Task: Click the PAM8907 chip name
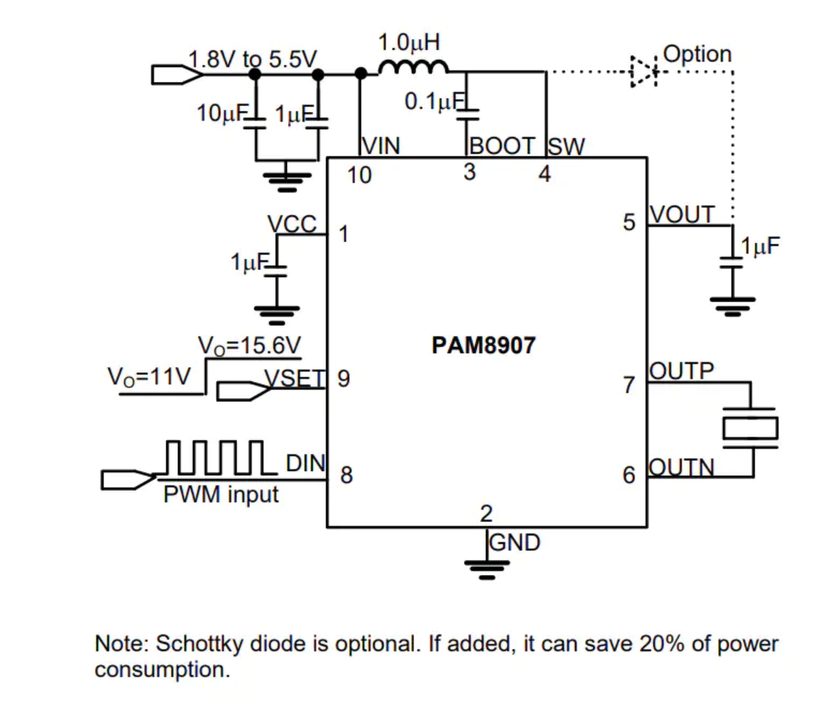click(x=484, y=345)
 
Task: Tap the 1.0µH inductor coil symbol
click(x=413, y=67)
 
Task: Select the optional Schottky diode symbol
click(x=643, y=71)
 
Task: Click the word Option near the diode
click(x=697, y=54)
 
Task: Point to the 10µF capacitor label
click(x=222, y=113)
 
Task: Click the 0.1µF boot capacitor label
click(x=434, y=101)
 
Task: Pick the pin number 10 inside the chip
click(x=360, y=175)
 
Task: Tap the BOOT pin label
click(x=502, y=146)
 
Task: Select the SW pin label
click(x=566, y=146)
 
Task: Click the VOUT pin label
click(x=682, y=214)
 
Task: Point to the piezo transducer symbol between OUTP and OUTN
click(x=750, y=428)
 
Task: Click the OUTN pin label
click(x=682, y=467)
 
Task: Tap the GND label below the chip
click(x=514, y=542)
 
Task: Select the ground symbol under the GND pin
click(x=486, y=570)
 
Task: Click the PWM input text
click(x=221, y=494)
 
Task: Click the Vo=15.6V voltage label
click(x=249, y=346)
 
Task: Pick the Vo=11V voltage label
click(x=149, y=377)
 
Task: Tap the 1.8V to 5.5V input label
click(x=252, y=59)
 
